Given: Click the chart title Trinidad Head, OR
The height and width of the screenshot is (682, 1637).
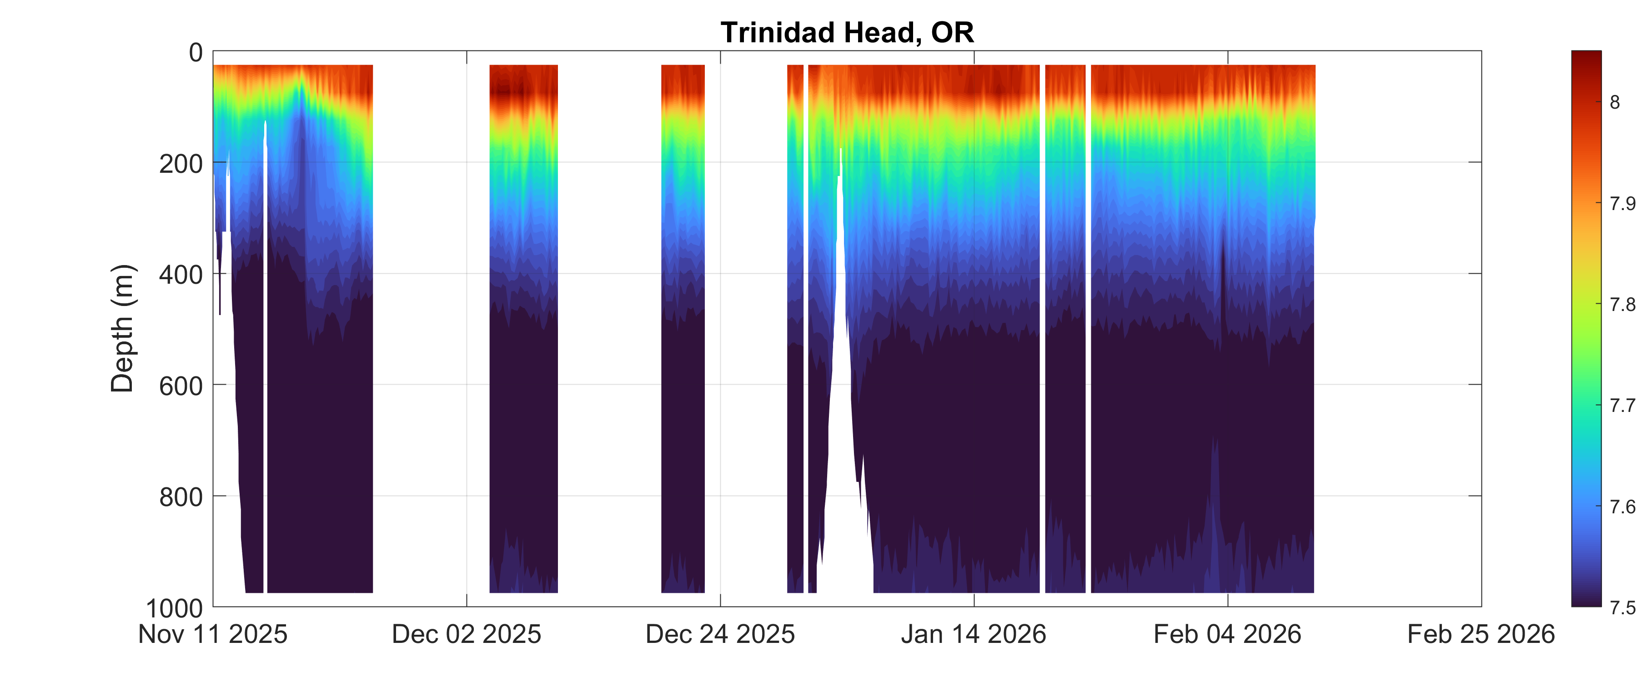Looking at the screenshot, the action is click(x=847, y=32).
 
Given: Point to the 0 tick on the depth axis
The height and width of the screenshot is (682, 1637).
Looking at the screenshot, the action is click(x=196, y=52).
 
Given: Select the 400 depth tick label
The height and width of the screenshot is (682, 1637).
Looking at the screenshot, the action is click(x=181, y=275).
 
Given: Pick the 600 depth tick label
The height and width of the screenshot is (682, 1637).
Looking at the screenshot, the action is click(x=181, y=386).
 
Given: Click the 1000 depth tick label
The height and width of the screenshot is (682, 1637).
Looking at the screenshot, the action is click(x=175, y=608).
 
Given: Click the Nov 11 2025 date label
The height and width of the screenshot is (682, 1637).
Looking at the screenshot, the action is click(x=213, y=634).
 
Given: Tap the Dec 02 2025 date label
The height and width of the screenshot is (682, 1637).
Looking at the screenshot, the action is click(x=467, y=634).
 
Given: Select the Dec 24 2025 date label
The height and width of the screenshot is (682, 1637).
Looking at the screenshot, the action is click(x=720, y=634).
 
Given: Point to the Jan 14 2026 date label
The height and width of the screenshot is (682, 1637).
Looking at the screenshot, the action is click(x=974, y=634).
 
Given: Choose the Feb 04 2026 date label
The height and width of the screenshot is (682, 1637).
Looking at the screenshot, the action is click(x=1227, y=634).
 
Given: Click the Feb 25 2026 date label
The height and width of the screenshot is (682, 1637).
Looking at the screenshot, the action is click(x=1481, y=634).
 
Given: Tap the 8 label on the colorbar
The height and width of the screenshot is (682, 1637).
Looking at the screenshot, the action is click(x=1615, y=102).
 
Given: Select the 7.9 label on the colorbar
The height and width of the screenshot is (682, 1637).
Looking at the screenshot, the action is click(x=1623, y=203).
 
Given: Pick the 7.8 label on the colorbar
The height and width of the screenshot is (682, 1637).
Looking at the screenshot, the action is click(x=1623, y=305).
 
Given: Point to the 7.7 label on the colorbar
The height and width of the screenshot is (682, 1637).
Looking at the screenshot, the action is click(x=1623, y=406).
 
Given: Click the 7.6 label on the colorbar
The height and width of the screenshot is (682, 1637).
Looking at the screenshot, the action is click(x=1623, y=506).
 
